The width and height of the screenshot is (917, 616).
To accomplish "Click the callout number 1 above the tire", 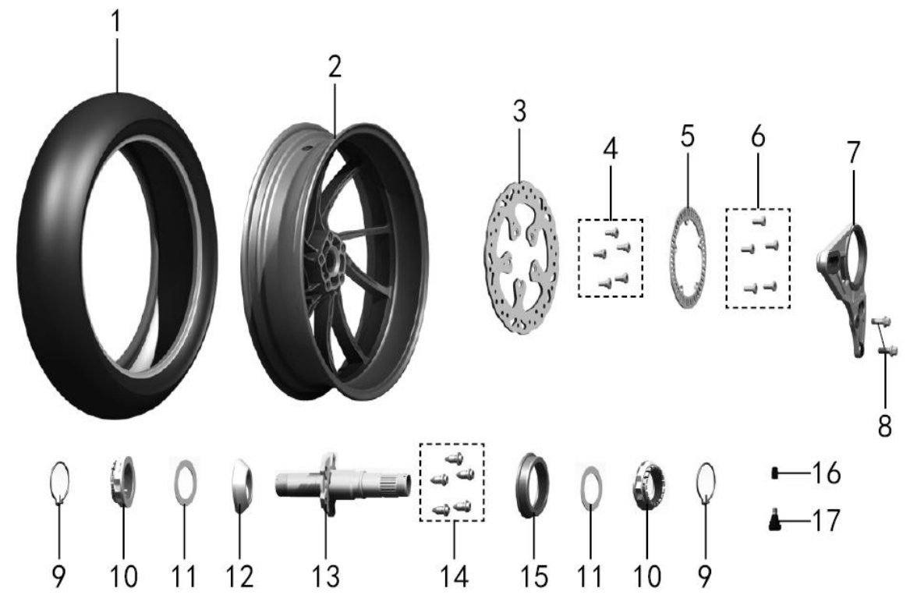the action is pos(116,22).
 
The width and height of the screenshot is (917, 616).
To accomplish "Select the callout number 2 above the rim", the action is pos(335,67).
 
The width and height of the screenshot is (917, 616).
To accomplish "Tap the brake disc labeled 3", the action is pos(521,257).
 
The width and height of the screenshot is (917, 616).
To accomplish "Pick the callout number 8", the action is pos(884,425).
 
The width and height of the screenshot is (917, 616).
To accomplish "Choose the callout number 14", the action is pos(455,576).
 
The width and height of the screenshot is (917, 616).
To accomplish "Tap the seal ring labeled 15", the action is pos(532,485).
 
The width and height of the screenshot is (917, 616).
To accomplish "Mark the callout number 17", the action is pos(826,520).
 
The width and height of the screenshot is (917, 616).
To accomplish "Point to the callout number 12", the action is pos(240,576).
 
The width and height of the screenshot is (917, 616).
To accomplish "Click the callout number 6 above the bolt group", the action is pos(757,136).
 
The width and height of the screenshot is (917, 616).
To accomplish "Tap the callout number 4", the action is pos(610,149).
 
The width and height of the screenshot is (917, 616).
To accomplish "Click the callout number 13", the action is pos(324,576).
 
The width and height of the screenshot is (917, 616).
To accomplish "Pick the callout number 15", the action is pos(534,576).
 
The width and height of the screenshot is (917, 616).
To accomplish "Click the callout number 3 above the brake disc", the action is pos(519,112).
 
